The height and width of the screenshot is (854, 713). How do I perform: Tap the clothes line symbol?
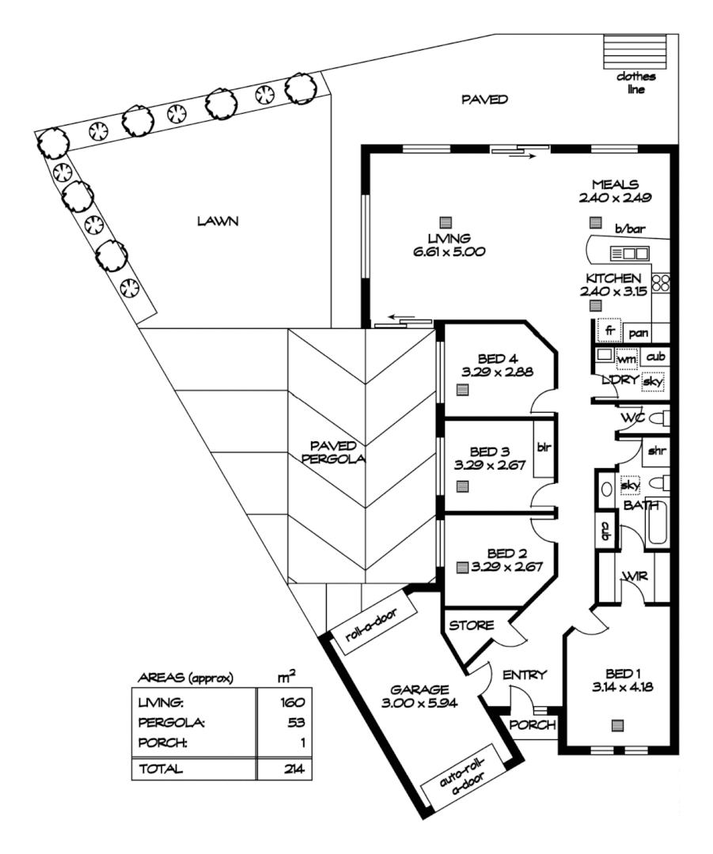(638, 59)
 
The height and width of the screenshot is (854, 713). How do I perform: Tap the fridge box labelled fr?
(609, 330)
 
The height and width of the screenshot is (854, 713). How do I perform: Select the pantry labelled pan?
(639, 333)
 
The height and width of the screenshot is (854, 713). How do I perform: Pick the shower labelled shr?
(656, 453)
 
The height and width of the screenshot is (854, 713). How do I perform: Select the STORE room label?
(472, 625)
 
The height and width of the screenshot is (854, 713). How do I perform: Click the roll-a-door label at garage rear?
(371, 625)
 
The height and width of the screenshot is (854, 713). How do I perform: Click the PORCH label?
(533, 725)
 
